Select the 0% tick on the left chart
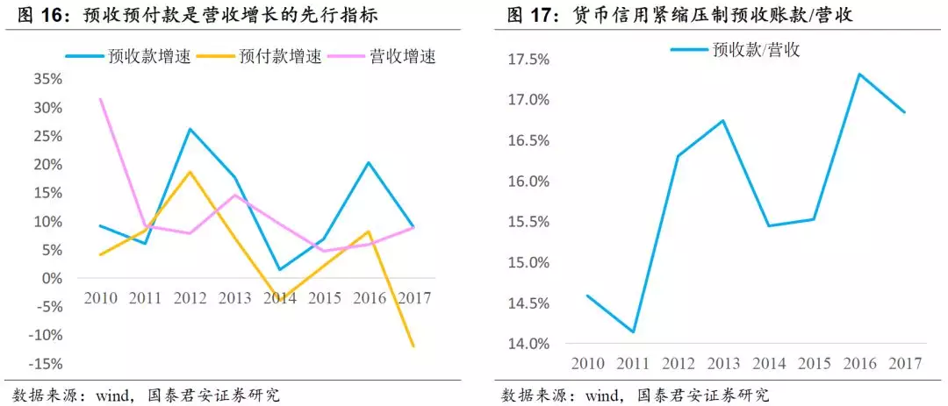click(x=52, y=279)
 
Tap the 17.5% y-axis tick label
click(x=528, y=60)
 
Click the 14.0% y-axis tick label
click(x=528, y=344)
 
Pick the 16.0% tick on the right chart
click(x=528, y=182)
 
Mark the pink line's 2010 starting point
click(x=101, y=99)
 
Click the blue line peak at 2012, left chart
click(x=190, y=129)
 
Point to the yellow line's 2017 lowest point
click(x=413, y=346)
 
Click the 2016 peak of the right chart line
click(x=858, y=74)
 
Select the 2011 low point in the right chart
click(x=633, y=332)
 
